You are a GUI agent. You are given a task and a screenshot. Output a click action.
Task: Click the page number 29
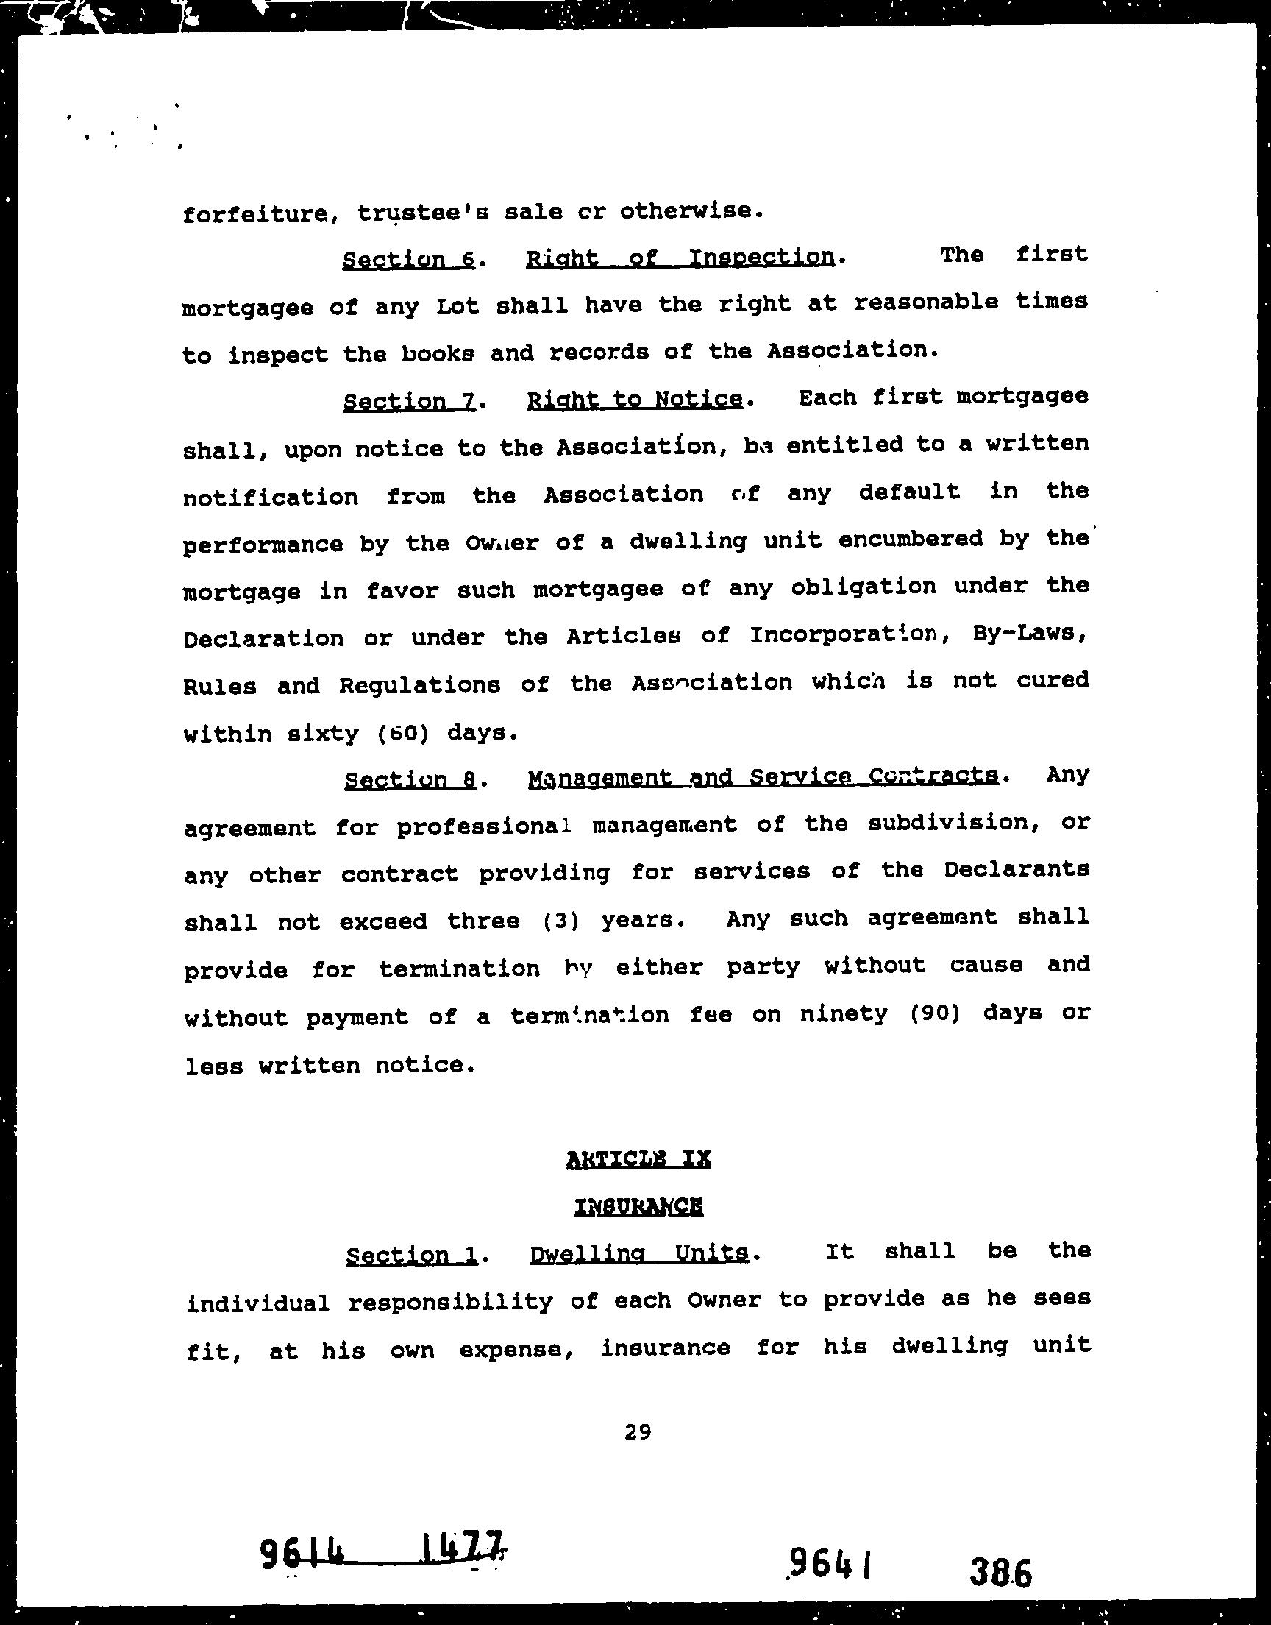tap(638, 1431)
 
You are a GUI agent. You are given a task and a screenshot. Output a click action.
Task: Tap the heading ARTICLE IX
tap(638, 1159)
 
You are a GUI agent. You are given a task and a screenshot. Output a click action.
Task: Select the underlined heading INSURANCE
tap(638, 1207)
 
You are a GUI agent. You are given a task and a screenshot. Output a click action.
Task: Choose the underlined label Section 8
tap(410, 779)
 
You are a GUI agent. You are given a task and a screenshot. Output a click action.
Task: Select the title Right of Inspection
tap(680, 258)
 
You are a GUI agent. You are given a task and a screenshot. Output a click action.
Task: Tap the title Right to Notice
tap(634, 400)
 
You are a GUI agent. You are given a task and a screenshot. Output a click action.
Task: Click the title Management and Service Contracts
tap(763, 777)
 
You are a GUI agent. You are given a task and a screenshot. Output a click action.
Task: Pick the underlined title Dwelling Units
tap(638, 1253)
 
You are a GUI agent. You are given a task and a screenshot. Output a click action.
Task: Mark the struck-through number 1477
tap(462, 1551)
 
